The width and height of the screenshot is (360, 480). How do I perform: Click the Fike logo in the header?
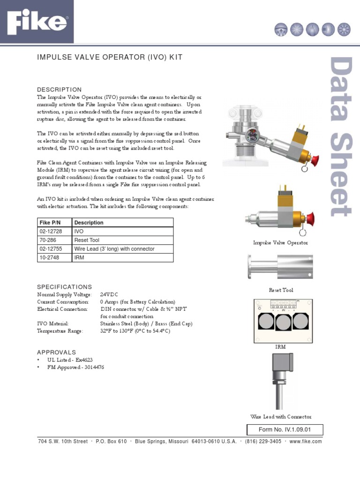37,23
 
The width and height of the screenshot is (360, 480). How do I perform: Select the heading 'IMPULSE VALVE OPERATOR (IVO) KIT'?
110,57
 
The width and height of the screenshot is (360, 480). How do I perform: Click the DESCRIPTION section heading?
59,90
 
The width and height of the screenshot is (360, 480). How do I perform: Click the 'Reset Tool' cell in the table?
87,240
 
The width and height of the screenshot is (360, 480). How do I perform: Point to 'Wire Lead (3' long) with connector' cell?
114,249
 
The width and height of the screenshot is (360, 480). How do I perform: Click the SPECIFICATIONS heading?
65,287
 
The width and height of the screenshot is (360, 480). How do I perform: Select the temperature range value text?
135,331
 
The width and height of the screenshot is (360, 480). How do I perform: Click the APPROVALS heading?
56,352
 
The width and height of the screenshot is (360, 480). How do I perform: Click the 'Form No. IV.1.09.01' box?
285,430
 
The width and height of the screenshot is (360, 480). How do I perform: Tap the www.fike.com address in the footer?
306,442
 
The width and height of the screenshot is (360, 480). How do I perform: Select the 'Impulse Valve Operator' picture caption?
280,243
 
